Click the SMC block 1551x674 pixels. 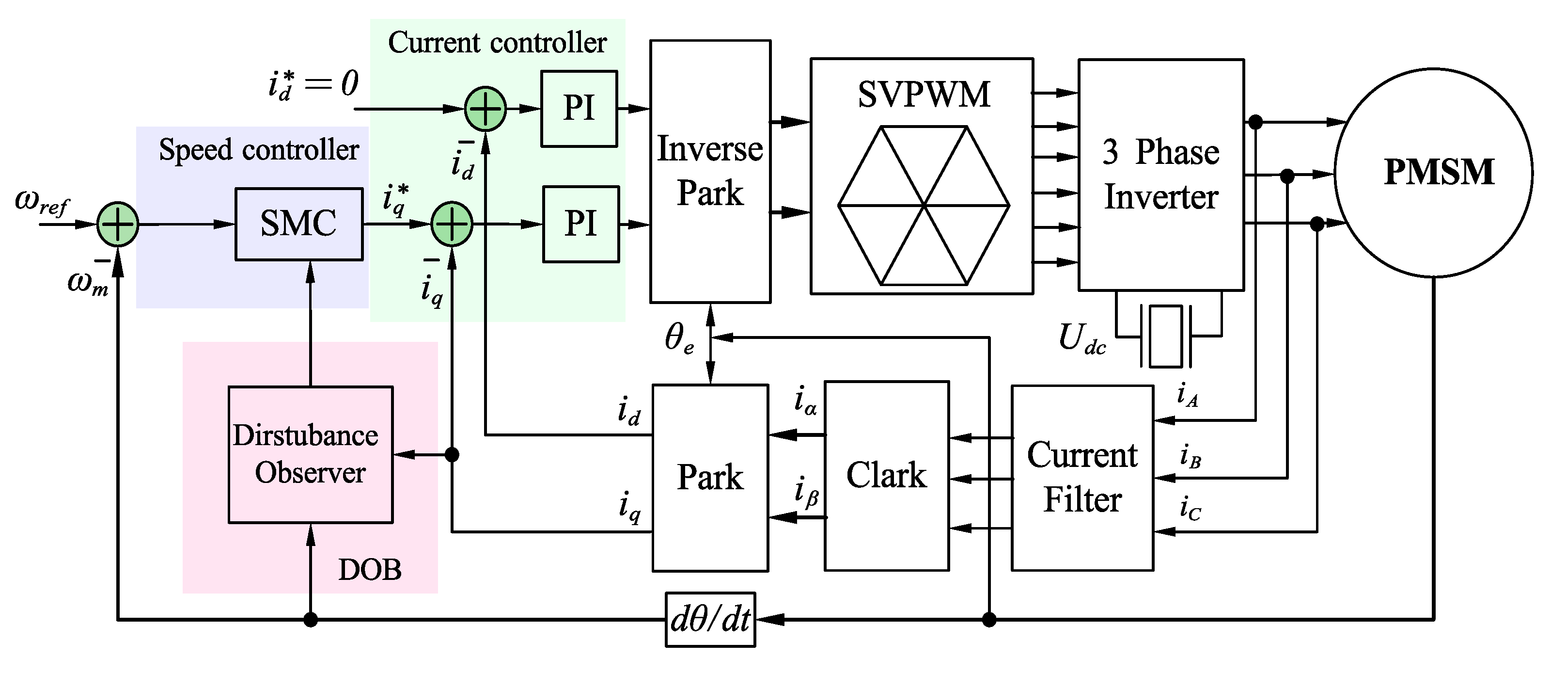[298, 224]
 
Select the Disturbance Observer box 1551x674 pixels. [310, 455]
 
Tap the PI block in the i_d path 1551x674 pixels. [579, 109]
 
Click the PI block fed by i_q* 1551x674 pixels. [580, 224]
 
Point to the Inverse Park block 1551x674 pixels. [710, 172]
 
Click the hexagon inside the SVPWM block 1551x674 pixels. [923, 206]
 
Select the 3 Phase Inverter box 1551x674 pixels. [1160, 175]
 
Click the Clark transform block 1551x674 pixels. [886, 476]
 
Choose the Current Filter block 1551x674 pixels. [1082, 478]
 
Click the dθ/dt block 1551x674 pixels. [710, 620]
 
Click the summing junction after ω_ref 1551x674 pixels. [118, 224]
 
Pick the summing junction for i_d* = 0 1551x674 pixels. [486, 109]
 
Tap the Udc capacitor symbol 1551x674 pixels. [1166, 336]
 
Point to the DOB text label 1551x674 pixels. [369, 570]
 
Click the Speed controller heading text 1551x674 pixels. [259, 150]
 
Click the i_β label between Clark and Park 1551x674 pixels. [806, 492]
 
